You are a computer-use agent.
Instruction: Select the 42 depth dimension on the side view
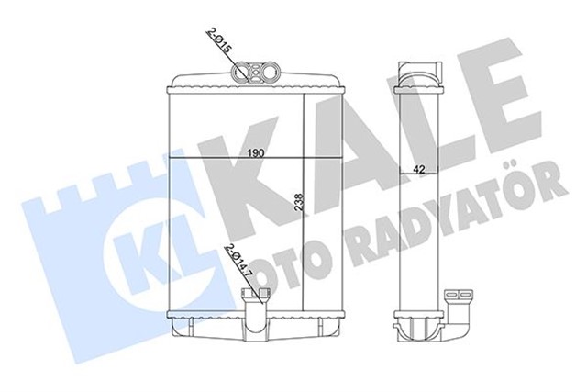tap(418, 167)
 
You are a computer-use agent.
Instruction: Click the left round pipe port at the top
tap(244, 72)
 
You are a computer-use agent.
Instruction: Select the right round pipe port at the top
tap(261, 72)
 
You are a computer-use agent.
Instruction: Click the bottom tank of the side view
tap(421, 326)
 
